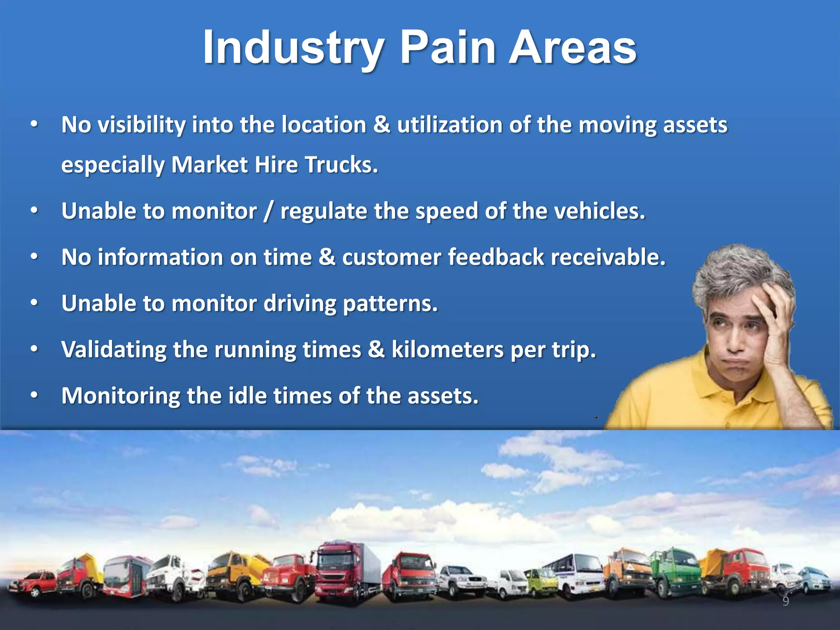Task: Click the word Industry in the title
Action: [x=294, y=48]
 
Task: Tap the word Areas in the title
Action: [x=572, y=48]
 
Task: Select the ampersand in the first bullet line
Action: [x=381, y=125]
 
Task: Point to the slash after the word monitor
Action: [x=268, y=212]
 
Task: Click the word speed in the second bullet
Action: [x=447, y=212]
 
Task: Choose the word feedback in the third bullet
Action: [x=495, y=258]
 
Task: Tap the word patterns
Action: [x=390, y=304]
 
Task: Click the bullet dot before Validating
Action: [x=34, y=349]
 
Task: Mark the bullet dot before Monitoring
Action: [x=34, y=395]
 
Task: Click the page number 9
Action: [x=785, y=601]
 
